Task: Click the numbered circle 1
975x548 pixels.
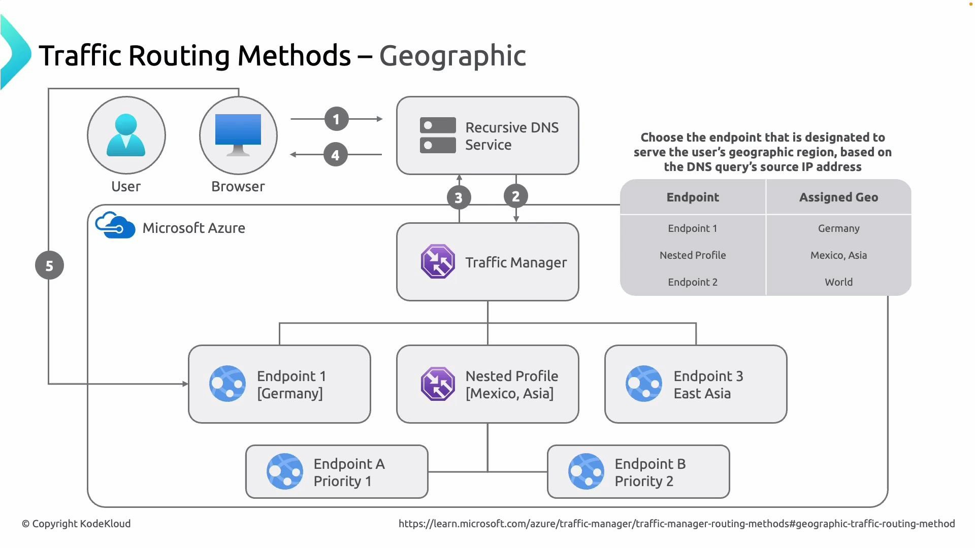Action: pos(336,119)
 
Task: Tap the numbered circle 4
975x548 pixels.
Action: pos(335,155)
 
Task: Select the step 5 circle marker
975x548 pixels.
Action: pos(49,265)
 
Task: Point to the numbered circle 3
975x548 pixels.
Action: pos(459,197)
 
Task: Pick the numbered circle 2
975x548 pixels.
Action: pos(515,196)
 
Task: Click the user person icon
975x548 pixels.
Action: pos(126,135)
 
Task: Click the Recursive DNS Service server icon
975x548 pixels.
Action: pos(438,135)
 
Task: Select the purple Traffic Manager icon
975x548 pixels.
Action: pos(438,262)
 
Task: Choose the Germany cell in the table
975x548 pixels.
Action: pos(838,228)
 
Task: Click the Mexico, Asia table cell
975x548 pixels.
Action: pos(838,255)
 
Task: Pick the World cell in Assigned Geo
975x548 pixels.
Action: pos(838,282)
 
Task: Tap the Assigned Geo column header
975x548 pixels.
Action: pos(838,197)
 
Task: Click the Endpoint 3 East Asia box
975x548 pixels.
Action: pos(696,384)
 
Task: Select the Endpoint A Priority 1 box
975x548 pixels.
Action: pos(337,472)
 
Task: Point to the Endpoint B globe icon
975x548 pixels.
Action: pos(586,471)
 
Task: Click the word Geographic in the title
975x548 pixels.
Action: pos(452,55)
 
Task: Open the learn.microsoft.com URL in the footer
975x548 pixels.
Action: pos(676,524)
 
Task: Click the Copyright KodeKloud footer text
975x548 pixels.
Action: pos(76,524)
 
